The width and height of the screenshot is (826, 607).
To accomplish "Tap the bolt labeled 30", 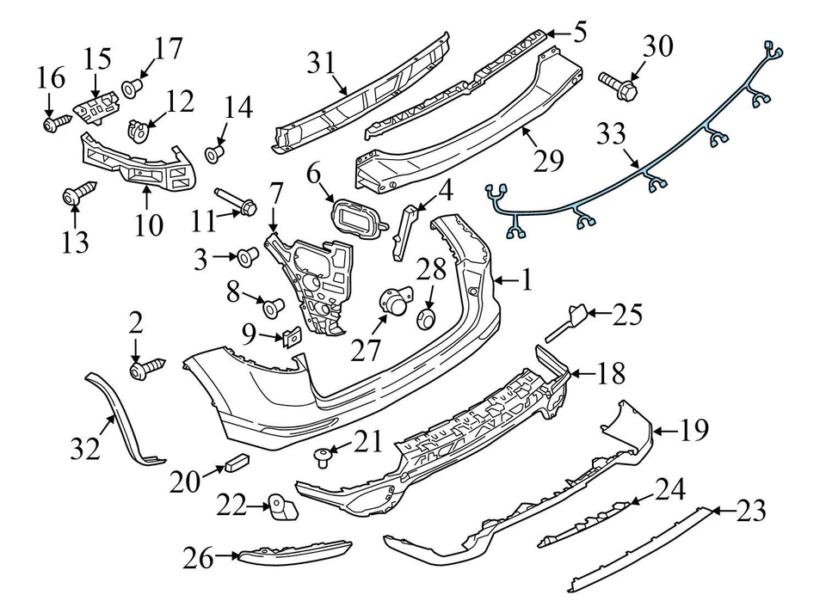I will click(618, 84).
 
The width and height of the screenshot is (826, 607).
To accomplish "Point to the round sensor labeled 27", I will click(395, 305).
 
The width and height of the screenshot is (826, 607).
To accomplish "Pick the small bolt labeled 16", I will click(52, 124).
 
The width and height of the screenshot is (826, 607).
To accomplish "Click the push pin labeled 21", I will click(324, 456).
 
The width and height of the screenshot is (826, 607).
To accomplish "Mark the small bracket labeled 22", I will click(280, 508).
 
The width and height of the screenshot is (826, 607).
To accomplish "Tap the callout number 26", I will click(199, 559).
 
